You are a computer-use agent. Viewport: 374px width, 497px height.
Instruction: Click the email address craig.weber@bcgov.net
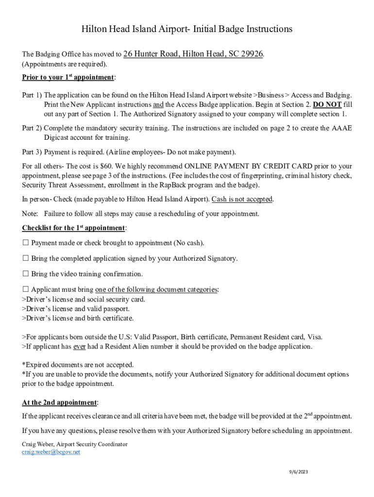51,452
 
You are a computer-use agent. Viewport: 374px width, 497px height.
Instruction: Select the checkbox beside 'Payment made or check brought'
26,243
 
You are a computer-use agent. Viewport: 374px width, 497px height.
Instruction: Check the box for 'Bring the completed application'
26,258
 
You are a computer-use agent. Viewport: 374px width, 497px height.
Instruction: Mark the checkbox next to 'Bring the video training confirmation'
26,274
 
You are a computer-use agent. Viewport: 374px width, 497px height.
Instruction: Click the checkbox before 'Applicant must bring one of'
26,289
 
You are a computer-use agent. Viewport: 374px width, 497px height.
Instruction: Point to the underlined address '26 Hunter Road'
152,54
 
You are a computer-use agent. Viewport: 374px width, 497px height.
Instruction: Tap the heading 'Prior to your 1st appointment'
68,78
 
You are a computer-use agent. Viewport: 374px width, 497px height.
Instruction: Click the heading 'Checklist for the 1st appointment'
73,228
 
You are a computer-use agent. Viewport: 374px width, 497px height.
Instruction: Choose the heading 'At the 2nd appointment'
59,402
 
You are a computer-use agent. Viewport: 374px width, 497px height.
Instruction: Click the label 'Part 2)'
32,128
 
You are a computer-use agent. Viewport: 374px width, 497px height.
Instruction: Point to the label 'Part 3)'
32,152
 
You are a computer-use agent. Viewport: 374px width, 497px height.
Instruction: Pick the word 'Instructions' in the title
263,29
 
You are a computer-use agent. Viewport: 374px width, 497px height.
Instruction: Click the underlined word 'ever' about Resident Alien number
80,347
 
